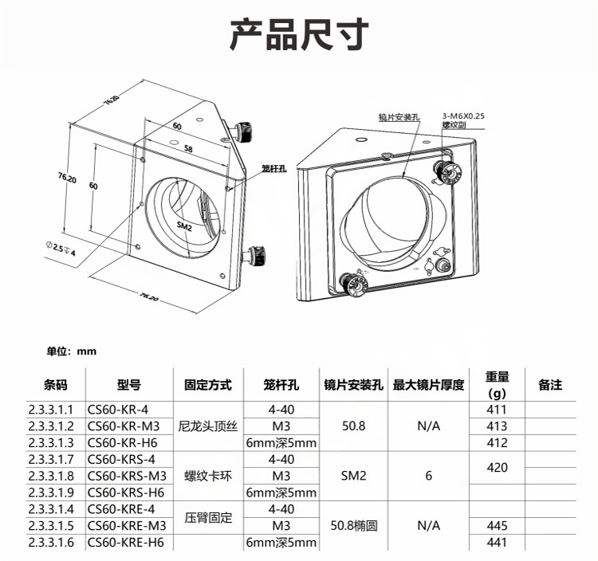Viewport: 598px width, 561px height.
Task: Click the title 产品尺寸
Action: point(299,34)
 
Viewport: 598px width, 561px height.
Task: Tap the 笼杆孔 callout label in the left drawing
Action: point(273,168)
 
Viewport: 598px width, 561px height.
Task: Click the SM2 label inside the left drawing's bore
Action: point(184,226)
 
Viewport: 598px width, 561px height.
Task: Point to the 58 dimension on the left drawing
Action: point(188,148)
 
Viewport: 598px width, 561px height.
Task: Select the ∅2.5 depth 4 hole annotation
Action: point(61,249)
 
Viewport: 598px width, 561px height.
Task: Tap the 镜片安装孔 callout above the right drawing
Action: point(399,117)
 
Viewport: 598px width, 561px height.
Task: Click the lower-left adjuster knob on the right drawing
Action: point(353,284)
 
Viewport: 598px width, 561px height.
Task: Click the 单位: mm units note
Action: point(71,351)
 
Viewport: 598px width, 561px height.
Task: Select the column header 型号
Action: point(129,385)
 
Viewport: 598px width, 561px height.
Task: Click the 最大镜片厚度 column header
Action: point(428,385)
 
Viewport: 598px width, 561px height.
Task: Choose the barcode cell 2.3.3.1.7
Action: point(51,459)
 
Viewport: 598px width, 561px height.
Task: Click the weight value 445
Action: point(497,526)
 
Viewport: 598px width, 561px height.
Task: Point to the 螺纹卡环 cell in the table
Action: point(208,476)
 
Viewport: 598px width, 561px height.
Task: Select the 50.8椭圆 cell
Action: point(353,526)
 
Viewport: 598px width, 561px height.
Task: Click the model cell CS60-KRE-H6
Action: point(125,542)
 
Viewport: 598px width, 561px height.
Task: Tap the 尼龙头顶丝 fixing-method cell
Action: point(208,426)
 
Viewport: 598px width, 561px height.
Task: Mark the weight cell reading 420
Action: point(497,468)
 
